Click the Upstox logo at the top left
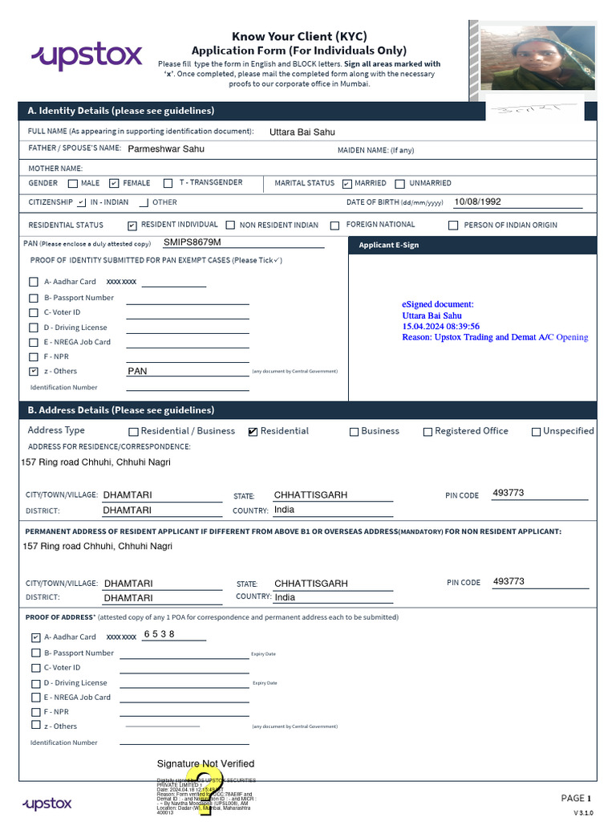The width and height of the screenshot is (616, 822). (87, 56)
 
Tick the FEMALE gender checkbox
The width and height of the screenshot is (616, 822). (114, 183)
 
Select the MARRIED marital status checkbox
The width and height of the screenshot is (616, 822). (346, 184)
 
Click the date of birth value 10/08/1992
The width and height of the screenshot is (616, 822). (477, 201)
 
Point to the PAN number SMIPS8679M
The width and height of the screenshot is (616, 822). (192, 242)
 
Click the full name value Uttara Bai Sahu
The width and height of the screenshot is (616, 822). (302, 132)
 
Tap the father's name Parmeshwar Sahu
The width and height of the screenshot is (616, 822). (166, 149)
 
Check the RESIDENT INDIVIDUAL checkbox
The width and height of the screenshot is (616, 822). (132, 226)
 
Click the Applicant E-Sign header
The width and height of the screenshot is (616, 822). (389, 245)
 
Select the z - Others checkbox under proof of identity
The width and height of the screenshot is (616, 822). (33, 372)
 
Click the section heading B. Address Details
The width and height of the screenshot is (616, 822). (121, 410)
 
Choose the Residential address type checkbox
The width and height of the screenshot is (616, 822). (253, 432)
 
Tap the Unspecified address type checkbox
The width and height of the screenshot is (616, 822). (536, 432)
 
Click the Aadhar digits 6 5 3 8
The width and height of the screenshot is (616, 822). (159, 634)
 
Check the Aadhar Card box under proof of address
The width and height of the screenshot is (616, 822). (35, 637)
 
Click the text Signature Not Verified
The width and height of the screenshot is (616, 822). (205, 763)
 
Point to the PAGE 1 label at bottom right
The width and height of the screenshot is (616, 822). (576, 798)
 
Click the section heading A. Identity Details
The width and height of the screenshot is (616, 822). (121, 111)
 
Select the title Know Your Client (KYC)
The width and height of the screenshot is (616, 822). (299, 36)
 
